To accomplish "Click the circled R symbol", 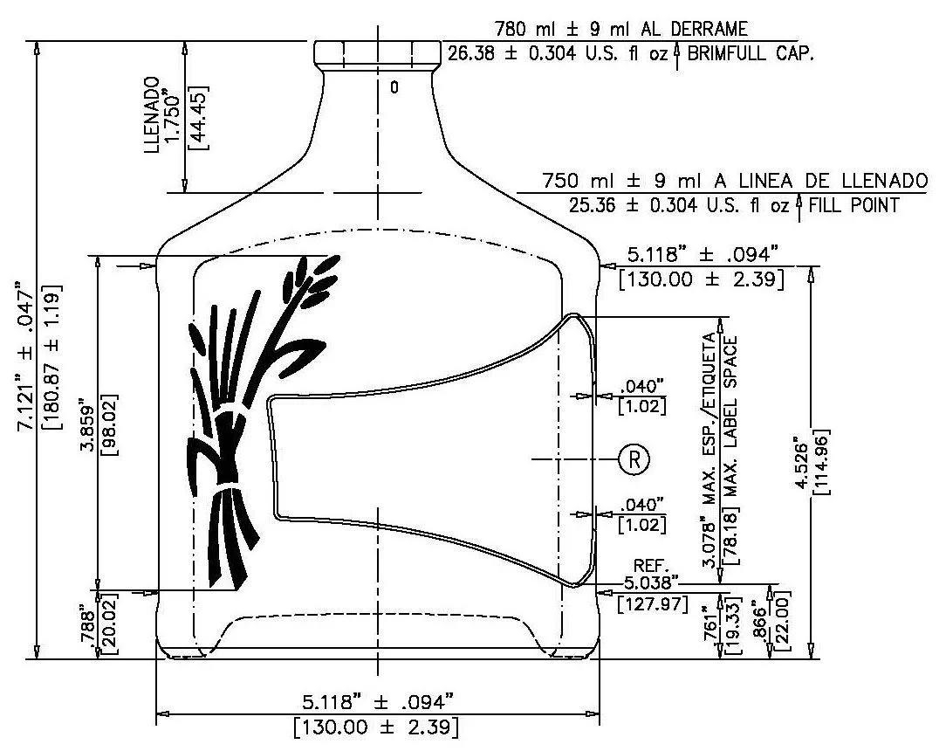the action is click(634, 459).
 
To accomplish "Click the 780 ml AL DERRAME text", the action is click(620, 28).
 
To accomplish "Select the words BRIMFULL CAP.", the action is click(750, 53).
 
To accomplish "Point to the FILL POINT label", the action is click(853, 205).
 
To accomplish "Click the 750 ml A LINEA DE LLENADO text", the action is click(734, 180).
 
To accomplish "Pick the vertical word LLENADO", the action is click(153, 114).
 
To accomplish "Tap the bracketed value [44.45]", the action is click(199, 118).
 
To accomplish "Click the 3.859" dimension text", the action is click(88, 424).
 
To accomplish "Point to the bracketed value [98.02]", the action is click(109, 425).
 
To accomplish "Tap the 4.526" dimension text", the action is click(800, 464).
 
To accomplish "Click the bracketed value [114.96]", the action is click(821, 462).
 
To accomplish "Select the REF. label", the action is click(652, 566).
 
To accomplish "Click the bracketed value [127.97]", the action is click(653, 603).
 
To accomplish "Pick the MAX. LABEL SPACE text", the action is click(730, 450).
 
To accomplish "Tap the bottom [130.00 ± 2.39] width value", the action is click(376, 727).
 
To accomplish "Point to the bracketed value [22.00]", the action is click(782, 621).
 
